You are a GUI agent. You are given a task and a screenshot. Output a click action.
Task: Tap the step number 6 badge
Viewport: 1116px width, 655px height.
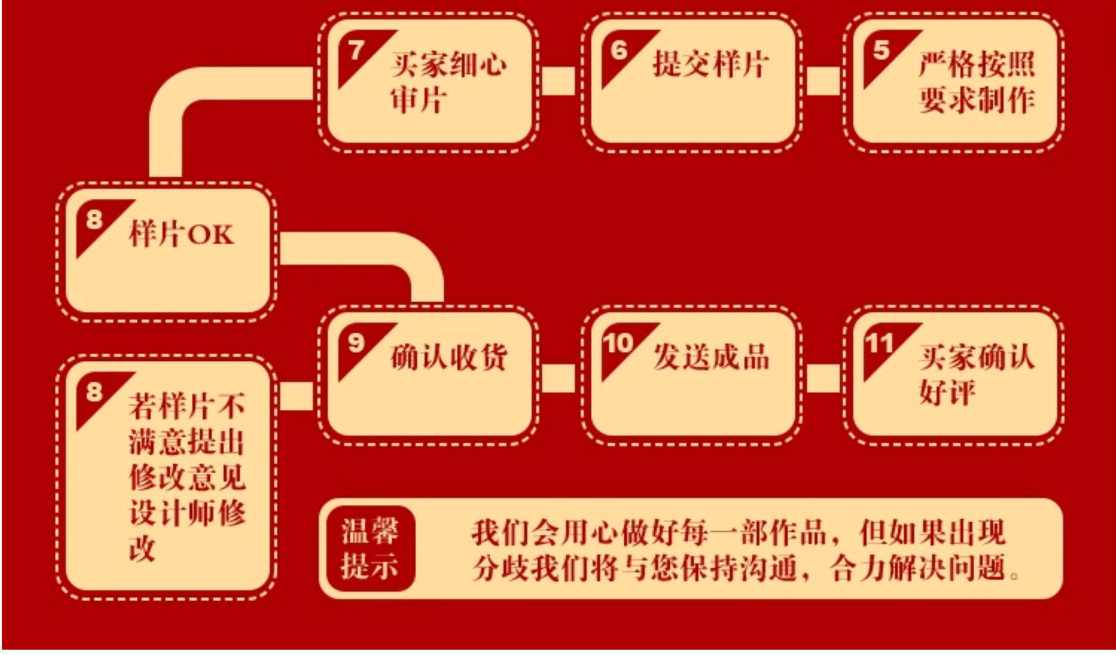(619, 50)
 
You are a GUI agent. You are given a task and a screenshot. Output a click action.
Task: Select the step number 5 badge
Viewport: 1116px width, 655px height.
(882, 50)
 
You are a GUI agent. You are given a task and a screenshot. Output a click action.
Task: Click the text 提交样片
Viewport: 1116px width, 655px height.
(711, 64)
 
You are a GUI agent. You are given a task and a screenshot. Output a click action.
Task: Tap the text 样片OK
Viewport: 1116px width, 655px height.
(181, 234)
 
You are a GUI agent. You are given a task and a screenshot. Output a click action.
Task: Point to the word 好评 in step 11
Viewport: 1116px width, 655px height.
(947, 392)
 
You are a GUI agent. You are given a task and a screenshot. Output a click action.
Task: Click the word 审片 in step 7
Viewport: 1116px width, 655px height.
(418, 99)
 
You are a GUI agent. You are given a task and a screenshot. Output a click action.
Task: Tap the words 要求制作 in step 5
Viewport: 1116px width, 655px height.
(976, 99)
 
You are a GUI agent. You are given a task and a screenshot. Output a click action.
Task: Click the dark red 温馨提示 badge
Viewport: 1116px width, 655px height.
(370, 548)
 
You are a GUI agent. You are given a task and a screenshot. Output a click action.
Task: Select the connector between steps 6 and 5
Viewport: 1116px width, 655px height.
(823, 81)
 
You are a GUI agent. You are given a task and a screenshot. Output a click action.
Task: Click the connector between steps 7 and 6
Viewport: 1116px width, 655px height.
(558, 81)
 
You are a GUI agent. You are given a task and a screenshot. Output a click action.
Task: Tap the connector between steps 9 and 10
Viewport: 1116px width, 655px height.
(558, 378)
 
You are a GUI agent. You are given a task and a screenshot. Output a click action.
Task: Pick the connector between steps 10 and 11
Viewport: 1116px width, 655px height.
(823, 378)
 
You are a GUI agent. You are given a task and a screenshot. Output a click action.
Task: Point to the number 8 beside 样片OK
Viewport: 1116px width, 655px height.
(94, 220)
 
